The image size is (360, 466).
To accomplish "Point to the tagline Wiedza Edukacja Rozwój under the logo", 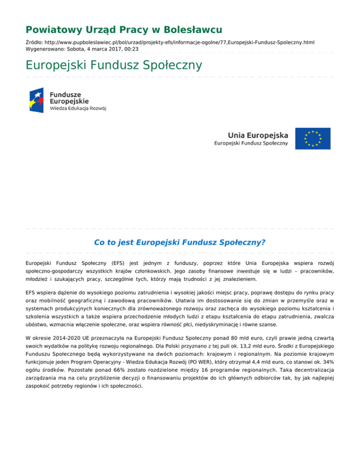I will (x=78, y=109).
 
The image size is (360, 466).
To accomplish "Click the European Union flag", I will (x=313, y=138).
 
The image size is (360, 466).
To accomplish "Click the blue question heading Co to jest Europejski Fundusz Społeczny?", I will (x=180, y=242).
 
